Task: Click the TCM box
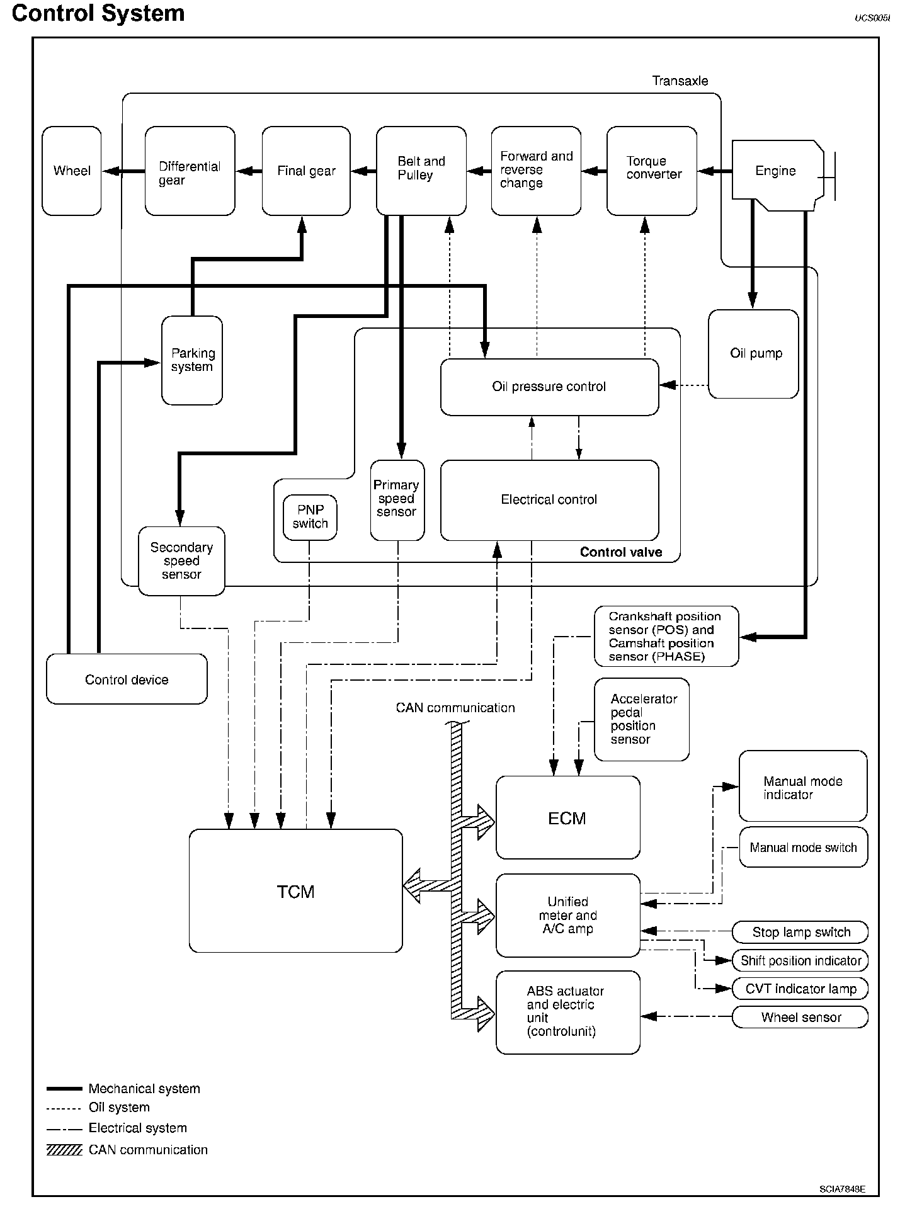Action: click(x=295, y=890)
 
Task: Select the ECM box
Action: click(x=567, y=817)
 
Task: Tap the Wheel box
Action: click(x=72, y=171)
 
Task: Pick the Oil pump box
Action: click(x=753, y=353)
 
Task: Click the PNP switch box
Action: click(x=310, y=517)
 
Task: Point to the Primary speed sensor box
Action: click(x=397, y=500)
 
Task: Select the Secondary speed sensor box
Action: click(x=181, y=560)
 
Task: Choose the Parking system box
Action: click(x=192, y=360)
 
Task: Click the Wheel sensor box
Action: click(x=800, y=1017)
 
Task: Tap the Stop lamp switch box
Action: click(x=800, y=932)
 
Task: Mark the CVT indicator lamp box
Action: click(x=800, y=989)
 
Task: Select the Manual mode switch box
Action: click(x=803, y=848)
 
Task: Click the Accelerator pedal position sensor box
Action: click(x=641, y=719)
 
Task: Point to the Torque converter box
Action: click(x=652, y=171)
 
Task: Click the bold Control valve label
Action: click(x=620, y=552)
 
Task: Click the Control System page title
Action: click(x=98, y=13)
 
